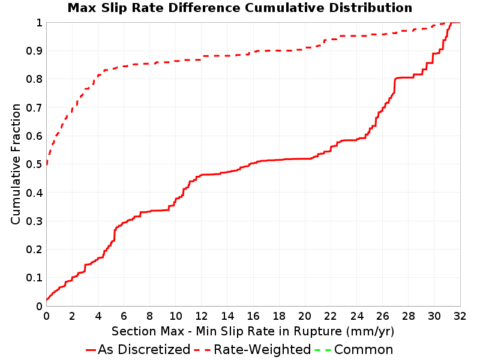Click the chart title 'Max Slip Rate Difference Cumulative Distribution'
[x=239, y=8]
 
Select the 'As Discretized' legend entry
[x=138, y=349]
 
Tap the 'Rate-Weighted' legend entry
[x=253, y=349]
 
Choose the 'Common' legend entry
[x=354, y=349]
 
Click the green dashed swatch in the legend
[x=323, y=350]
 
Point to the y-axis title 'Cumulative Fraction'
[x=16, y=164]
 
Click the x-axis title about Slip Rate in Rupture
[x=253, y=331]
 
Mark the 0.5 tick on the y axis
[x=34, y=164]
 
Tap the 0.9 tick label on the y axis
[x=34, y=51]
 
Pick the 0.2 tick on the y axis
[x=34, y=250]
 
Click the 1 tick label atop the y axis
[x=39, y=23]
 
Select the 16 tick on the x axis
[x=253, y=316]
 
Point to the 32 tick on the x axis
[x=460, y=316]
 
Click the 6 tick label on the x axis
[x=124, y=316]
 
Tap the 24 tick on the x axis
[x=356, y=316]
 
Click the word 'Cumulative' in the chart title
[x=284, y=8]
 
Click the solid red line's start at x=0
[x=47, y=300]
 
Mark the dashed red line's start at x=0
[x=47, y=164]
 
